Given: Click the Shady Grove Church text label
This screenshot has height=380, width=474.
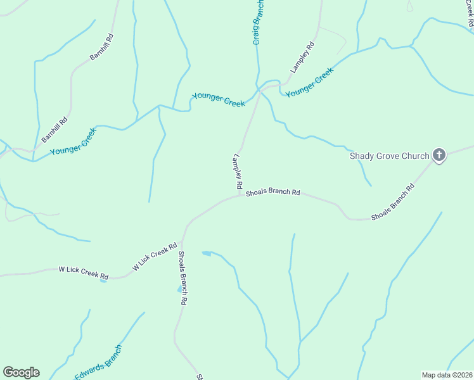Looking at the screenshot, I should pos(389,156).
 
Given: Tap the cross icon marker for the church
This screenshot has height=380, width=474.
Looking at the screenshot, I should pos(439,155).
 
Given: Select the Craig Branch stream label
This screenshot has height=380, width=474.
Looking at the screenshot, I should pos(258,22).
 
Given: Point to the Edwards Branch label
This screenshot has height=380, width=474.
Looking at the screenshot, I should pos(98,362).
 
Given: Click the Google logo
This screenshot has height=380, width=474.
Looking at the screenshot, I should pos(21,372).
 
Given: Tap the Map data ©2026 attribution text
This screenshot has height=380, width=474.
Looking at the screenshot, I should pos(447,375).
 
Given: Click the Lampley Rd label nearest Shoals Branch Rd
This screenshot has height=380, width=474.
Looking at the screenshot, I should pos(238,172).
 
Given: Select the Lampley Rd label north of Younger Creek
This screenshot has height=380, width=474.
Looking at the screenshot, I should pos(302,57).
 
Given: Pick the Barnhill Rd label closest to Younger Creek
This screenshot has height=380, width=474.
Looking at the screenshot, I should pos(54,129).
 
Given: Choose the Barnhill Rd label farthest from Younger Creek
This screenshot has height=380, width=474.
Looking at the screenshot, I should pos(102,47).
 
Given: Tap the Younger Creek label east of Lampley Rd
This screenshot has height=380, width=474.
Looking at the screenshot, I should pos(309,83).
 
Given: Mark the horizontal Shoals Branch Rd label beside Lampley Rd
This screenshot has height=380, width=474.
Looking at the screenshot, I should pos(272,191).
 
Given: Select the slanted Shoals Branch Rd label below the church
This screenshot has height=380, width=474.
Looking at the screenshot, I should pos(393,202).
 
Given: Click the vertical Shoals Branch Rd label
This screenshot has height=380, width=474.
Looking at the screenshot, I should pos(181,279).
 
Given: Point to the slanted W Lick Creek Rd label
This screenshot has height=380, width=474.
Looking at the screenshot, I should pos(154,257).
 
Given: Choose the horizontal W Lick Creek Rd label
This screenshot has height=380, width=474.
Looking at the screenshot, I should pos(83,272).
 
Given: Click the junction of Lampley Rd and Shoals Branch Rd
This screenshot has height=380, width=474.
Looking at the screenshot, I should pos(241,194).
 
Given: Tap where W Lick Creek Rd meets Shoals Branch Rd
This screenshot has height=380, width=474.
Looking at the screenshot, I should pos(183,241).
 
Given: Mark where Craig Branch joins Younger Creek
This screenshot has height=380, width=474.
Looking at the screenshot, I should pos(259,89).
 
